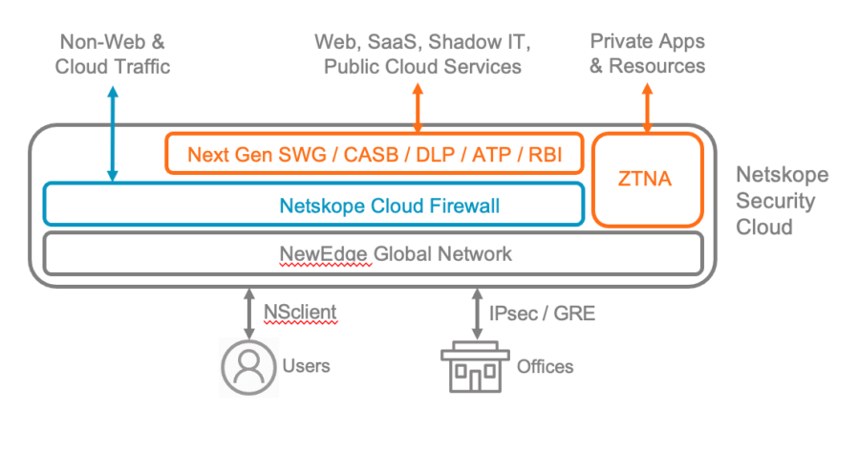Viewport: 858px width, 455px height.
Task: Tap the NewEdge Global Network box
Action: pyautogui.click(x=374, y=253)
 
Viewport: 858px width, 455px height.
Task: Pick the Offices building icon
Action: pyautogui.click(x=476, y=365)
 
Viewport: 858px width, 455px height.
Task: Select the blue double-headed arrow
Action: pyautogui.click(x=113, y=134)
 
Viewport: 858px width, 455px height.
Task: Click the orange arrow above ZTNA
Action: pyautogui.click(x=648, y=107)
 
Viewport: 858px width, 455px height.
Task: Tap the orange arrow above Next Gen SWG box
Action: pyautogui.click(x=418, y=107)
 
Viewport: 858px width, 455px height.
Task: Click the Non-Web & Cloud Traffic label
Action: pyautogui.click(x=113, y=54)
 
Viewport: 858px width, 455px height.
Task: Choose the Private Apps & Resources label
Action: pyautogui.click(x=648, y=54)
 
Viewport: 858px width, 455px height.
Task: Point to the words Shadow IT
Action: pyautogui.click(x=481, y=42)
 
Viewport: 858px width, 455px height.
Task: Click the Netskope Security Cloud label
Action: pyautogui.click(x=782, y=201)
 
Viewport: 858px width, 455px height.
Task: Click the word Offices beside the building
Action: pyautogui.click(x=545, y=366)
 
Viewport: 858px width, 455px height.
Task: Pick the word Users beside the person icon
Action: pyautogui.click(x=307, y=366)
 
